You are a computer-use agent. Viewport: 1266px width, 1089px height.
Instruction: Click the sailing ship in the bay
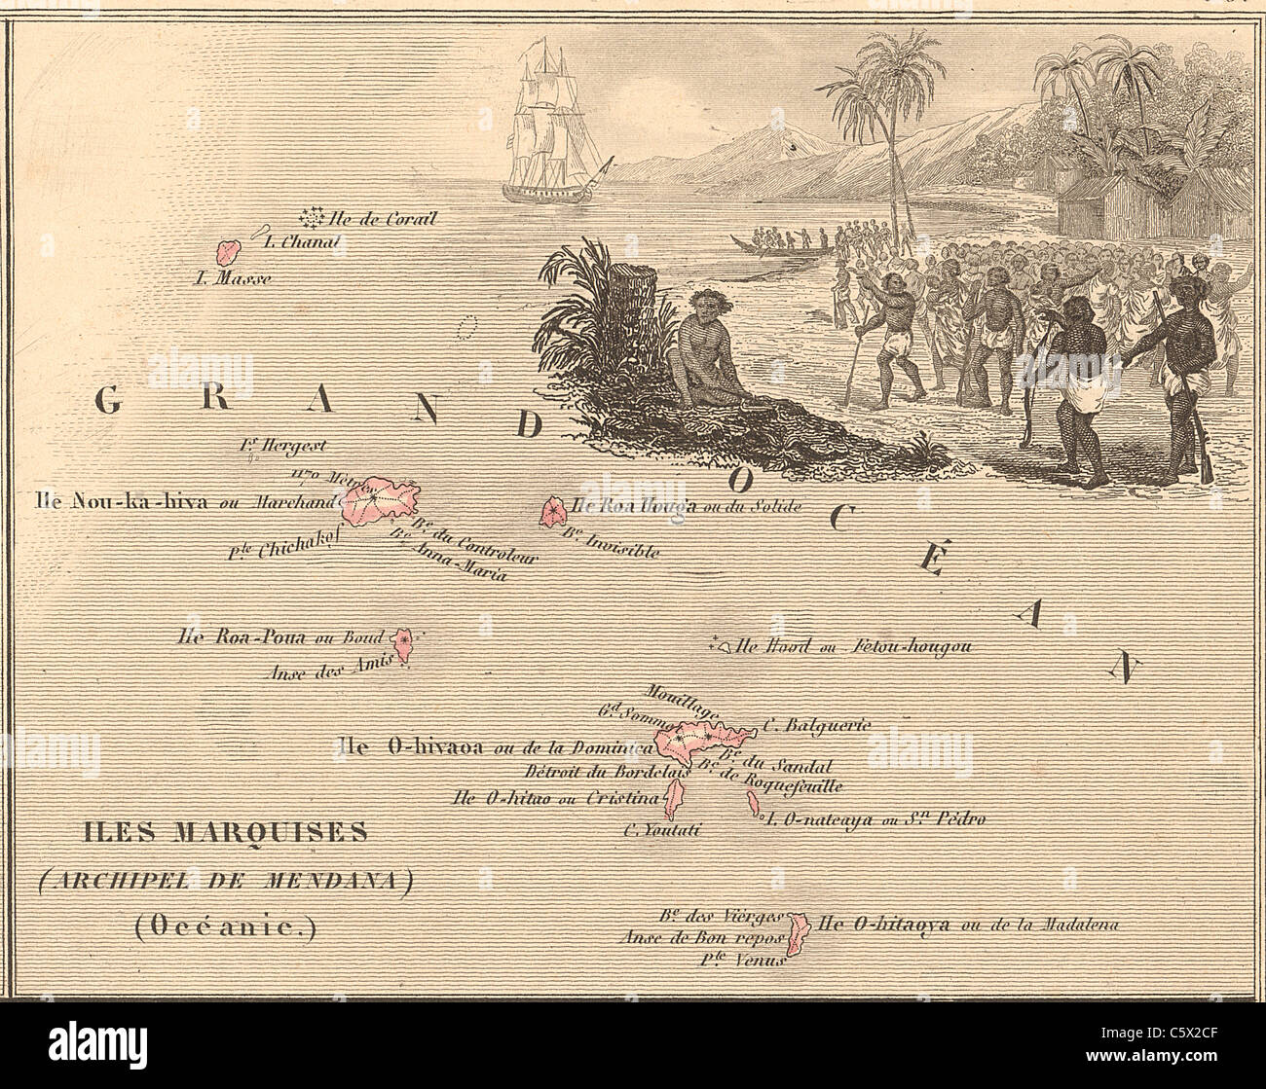point(551,127)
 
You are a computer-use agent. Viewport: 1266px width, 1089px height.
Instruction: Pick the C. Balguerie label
point(816,724)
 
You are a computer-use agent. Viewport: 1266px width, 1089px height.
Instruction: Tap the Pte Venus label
point(741,959)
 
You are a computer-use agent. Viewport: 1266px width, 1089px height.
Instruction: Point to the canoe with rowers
point(779,249)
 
